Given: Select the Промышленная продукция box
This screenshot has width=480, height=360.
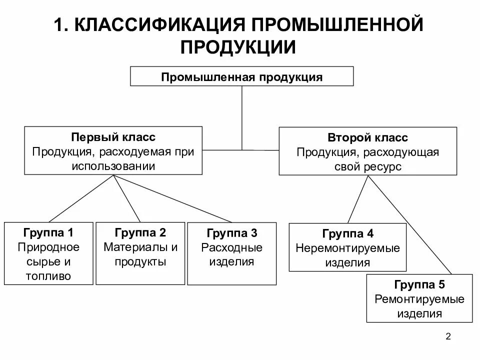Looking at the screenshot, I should [x=241, y=77].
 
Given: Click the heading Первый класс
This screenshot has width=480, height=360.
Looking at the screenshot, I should [x=113, y=137].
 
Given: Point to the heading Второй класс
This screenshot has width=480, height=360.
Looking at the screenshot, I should [x=367, y=137].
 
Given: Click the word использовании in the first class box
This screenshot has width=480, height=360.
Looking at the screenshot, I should [x=113, y=165].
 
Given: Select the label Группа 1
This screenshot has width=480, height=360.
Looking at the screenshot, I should [x=48, y=232].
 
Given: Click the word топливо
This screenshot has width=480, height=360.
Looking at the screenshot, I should [x=48, y=275].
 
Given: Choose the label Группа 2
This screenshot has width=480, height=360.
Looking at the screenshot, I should [x=140, y=232].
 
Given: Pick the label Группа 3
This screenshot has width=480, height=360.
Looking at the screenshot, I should [x=231, y=233].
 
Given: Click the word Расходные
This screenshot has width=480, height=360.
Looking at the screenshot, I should [x=231, y=247].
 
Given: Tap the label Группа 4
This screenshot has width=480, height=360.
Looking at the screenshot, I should [x=347, y=233].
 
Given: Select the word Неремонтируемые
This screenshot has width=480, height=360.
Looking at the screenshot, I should [x=347, y=248].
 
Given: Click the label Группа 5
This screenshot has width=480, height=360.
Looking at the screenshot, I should [x=419, y=285].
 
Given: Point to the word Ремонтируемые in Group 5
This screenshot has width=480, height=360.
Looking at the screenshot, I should [x=419, y=299].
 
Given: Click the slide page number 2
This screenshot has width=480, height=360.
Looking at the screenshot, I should [x=448, y=336].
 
